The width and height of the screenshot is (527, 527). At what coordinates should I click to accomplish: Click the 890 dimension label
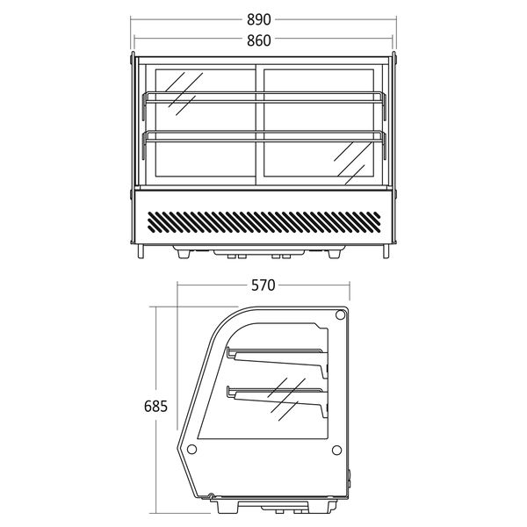263,18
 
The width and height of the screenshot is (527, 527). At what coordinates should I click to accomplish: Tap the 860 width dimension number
263,40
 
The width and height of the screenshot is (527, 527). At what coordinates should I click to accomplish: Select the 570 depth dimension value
263,285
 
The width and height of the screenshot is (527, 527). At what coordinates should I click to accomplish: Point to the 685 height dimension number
155,407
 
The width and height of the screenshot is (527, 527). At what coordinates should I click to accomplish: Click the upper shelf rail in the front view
263,96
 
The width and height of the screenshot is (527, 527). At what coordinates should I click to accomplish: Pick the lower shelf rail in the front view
263,135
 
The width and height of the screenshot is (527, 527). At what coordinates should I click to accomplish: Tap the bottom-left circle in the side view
192,449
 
